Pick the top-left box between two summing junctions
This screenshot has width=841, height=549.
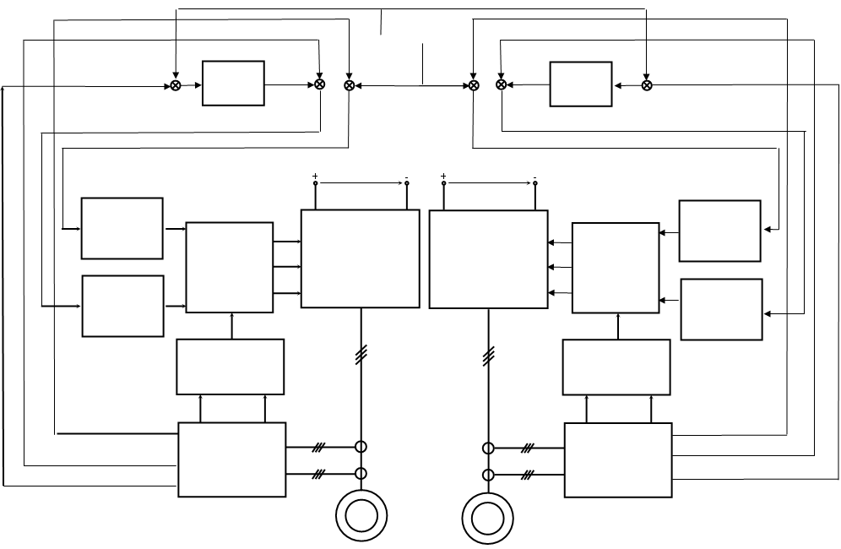(234, 83)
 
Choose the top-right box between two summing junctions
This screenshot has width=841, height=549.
(581, 84)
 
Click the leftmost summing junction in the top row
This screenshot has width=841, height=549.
(175, 85)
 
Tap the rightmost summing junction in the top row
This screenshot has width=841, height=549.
(647, 85)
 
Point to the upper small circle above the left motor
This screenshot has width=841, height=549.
(361, 448)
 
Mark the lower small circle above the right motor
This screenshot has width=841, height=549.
(488, 474)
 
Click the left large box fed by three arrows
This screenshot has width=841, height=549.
(360, 258)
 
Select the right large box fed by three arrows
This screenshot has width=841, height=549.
(489, 258)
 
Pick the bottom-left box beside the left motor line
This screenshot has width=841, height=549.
(232, 460)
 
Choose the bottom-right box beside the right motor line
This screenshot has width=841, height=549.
(618, 460)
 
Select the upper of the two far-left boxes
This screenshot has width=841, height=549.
(122, 228)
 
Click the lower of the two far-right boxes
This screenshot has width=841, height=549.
(721, 309)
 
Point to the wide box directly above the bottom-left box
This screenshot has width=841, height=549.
(230, 367)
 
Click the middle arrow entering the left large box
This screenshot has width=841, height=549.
(287, 267)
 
